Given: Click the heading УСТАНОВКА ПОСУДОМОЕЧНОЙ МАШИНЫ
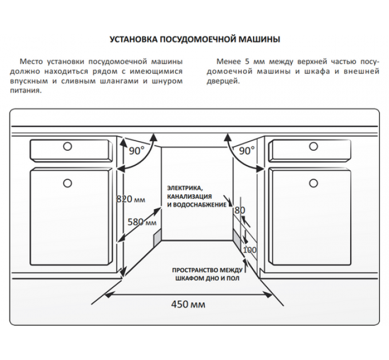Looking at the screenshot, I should point(194,40).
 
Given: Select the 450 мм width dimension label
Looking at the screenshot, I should point(188,304).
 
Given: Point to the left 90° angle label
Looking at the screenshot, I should point(137,151).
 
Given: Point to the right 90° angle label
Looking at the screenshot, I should point(247,151).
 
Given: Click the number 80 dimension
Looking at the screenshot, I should point(240,210).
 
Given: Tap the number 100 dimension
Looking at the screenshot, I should point(249,250).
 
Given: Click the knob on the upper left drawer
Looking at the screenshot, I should point(68,146).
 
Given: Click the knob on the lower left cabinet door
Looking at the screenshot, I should point(68,183).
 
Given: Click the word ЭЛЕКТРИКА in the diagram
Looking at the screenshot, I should point(184,188).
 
